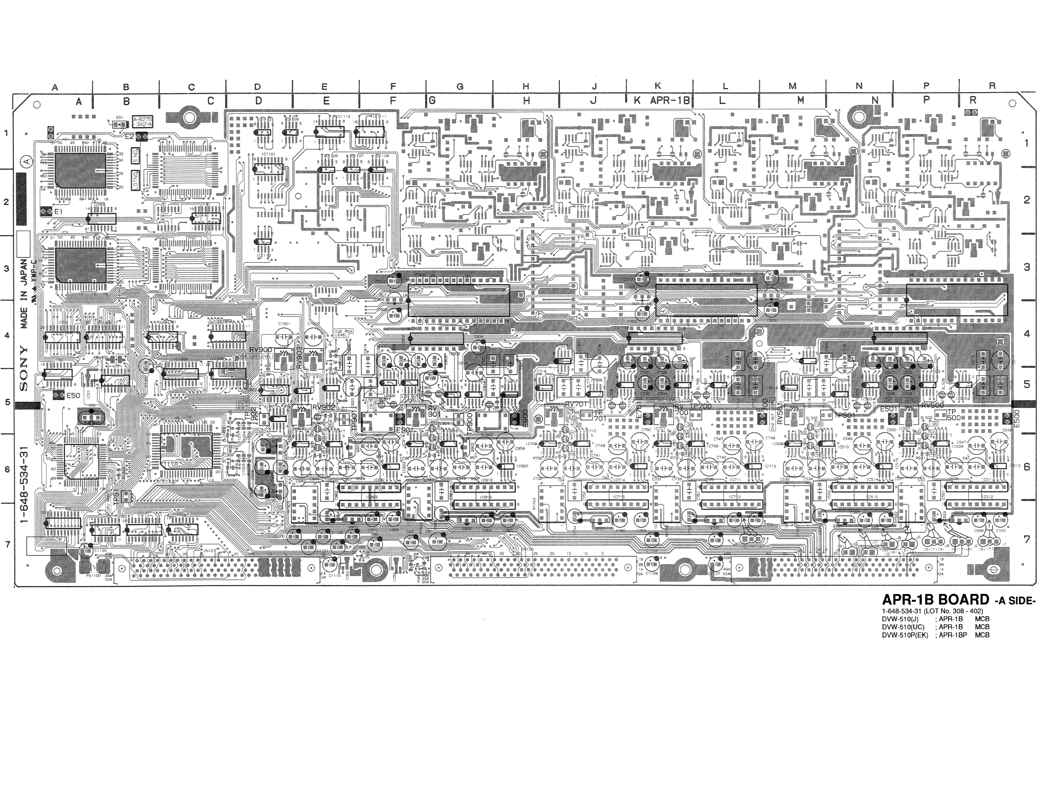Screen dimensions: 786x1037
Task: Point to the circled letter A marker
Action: click(x=26, y=161)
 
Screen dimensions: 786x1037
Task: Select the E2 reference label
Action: click(x=129, y=136)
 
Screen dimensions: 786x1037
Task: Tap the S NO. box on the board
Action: click(x=135, y=157)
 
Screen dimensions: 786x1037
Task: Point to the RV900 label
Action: click(x=260, y=350)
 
